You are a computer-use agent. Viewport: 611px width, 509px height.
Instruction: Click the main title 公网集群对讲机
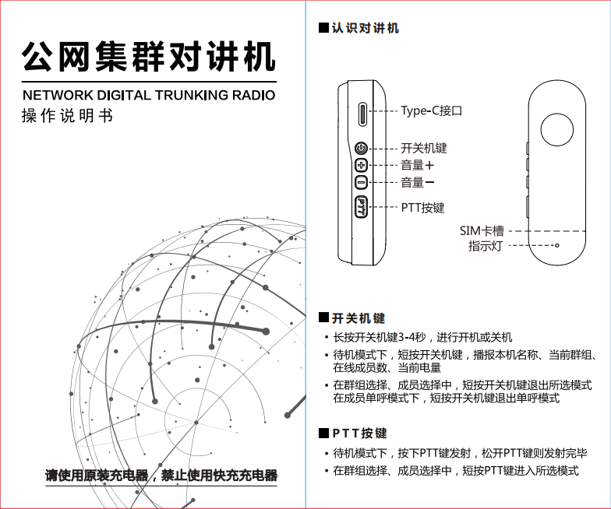(x=149, y=58)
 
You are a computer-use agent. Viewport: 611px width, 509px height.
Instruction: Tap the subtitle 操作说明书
(x=67, y=117)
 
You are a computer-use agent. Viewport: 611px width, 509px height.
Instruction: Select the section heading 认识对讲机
(x=365, y=28)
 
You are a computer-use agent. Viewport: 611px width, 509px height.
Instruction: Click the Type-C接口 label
(x=432, y=111)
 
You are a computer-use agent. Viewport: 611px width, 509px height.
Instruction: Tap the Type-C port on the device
(x=362, y=114)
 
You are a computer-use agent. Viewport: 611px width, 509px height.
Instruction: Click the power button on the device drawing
(x=361, y=148)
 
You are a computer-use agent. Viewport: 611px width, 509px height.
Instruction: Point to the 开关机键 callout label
(x=424, y=148)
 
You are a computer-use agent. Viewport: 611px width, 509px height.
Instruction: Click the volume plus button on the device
(x=361, y=165)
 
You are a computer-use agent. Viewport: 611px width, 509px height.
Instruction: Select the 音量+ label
(x=418, y=165)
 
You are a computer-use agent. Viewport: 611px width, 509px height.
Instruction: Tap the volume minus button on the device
(x=361, y=183)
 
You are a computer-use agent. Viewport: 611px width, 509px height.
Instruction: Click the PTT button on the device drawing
(x=362, y=207)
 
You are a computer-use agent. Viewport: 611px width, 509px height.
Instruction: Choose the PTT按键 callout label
(x=422, y=208)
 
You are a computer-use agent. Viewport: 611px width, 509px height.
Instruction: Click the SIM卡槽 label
(x=481, y=230)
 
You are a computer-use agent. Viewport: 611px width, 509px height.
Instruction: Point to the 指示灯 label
(x=485, y=246)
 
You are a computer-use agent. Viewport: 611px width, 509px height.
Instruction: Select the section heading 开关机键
(x=358, y=318)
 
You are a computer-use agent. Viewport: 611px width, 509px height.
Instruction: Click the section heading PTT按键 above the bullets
(x=359, y=433)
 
